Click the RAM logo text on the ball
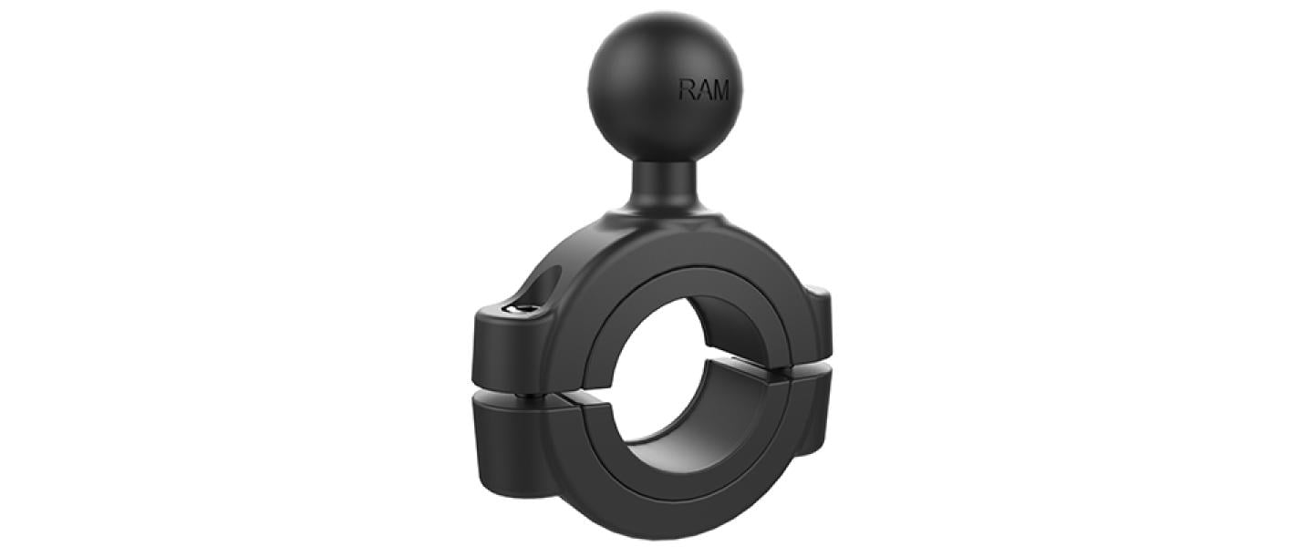click(x=704, y=90)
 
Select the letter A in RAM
click(x=704, y=90)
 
